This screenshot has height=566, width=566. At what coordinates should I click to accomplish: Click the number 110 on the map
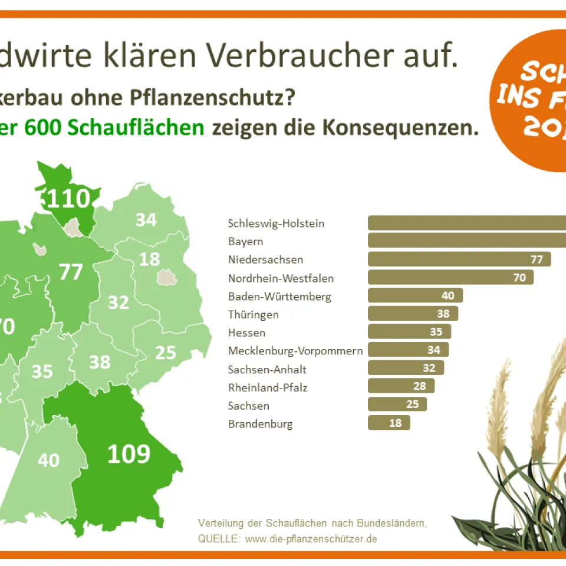[68, 199]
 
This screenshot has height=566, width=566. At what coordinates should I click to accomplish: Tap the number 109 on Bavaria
[129, 453]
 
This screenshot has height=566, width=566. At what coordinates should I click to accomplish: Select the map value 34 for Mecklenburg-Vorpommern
[146, 220]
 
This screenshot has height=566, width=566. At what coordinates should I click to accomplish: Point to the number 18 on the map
[149, 259]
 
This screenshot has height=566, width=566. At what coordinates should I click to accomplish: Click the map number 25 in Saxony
[166, 353]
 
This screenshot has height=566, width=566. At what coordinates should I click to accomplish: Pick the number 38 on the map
[100, 361]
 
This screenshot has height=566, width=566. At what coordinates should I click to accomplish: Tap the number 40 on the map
[48, 459]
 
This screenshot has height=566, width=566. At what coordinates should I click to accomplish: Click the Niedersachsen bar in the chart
[459, 259]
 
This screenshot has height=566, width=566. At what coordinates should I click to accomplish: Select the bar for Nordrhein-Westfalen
[450, 277]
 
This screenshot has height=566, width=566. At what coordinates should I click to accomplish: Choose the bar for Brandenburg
[389, 423]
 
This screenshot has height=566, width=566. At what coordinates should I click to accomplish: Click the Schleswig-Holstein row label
[276, 223]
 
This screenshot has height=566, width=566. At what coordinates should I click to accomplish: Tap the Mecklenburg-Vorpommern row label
[295, 351]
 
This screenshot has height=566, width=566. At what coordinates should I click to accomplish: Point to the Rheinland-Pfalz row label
[268, 387]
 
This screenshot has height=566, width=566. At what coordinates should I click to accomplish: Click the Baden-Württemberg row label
[279, 296]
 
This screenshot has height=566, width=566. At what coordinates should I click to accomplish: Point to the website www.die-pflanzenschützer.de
[311, 539]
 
